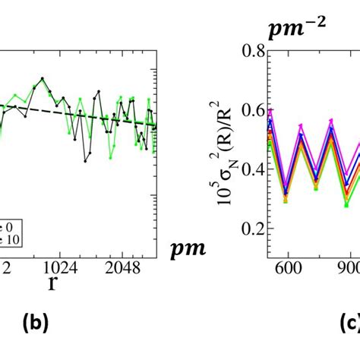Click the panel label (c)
tap(343, 324)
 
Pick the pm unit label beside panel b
tap(190, 247)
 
